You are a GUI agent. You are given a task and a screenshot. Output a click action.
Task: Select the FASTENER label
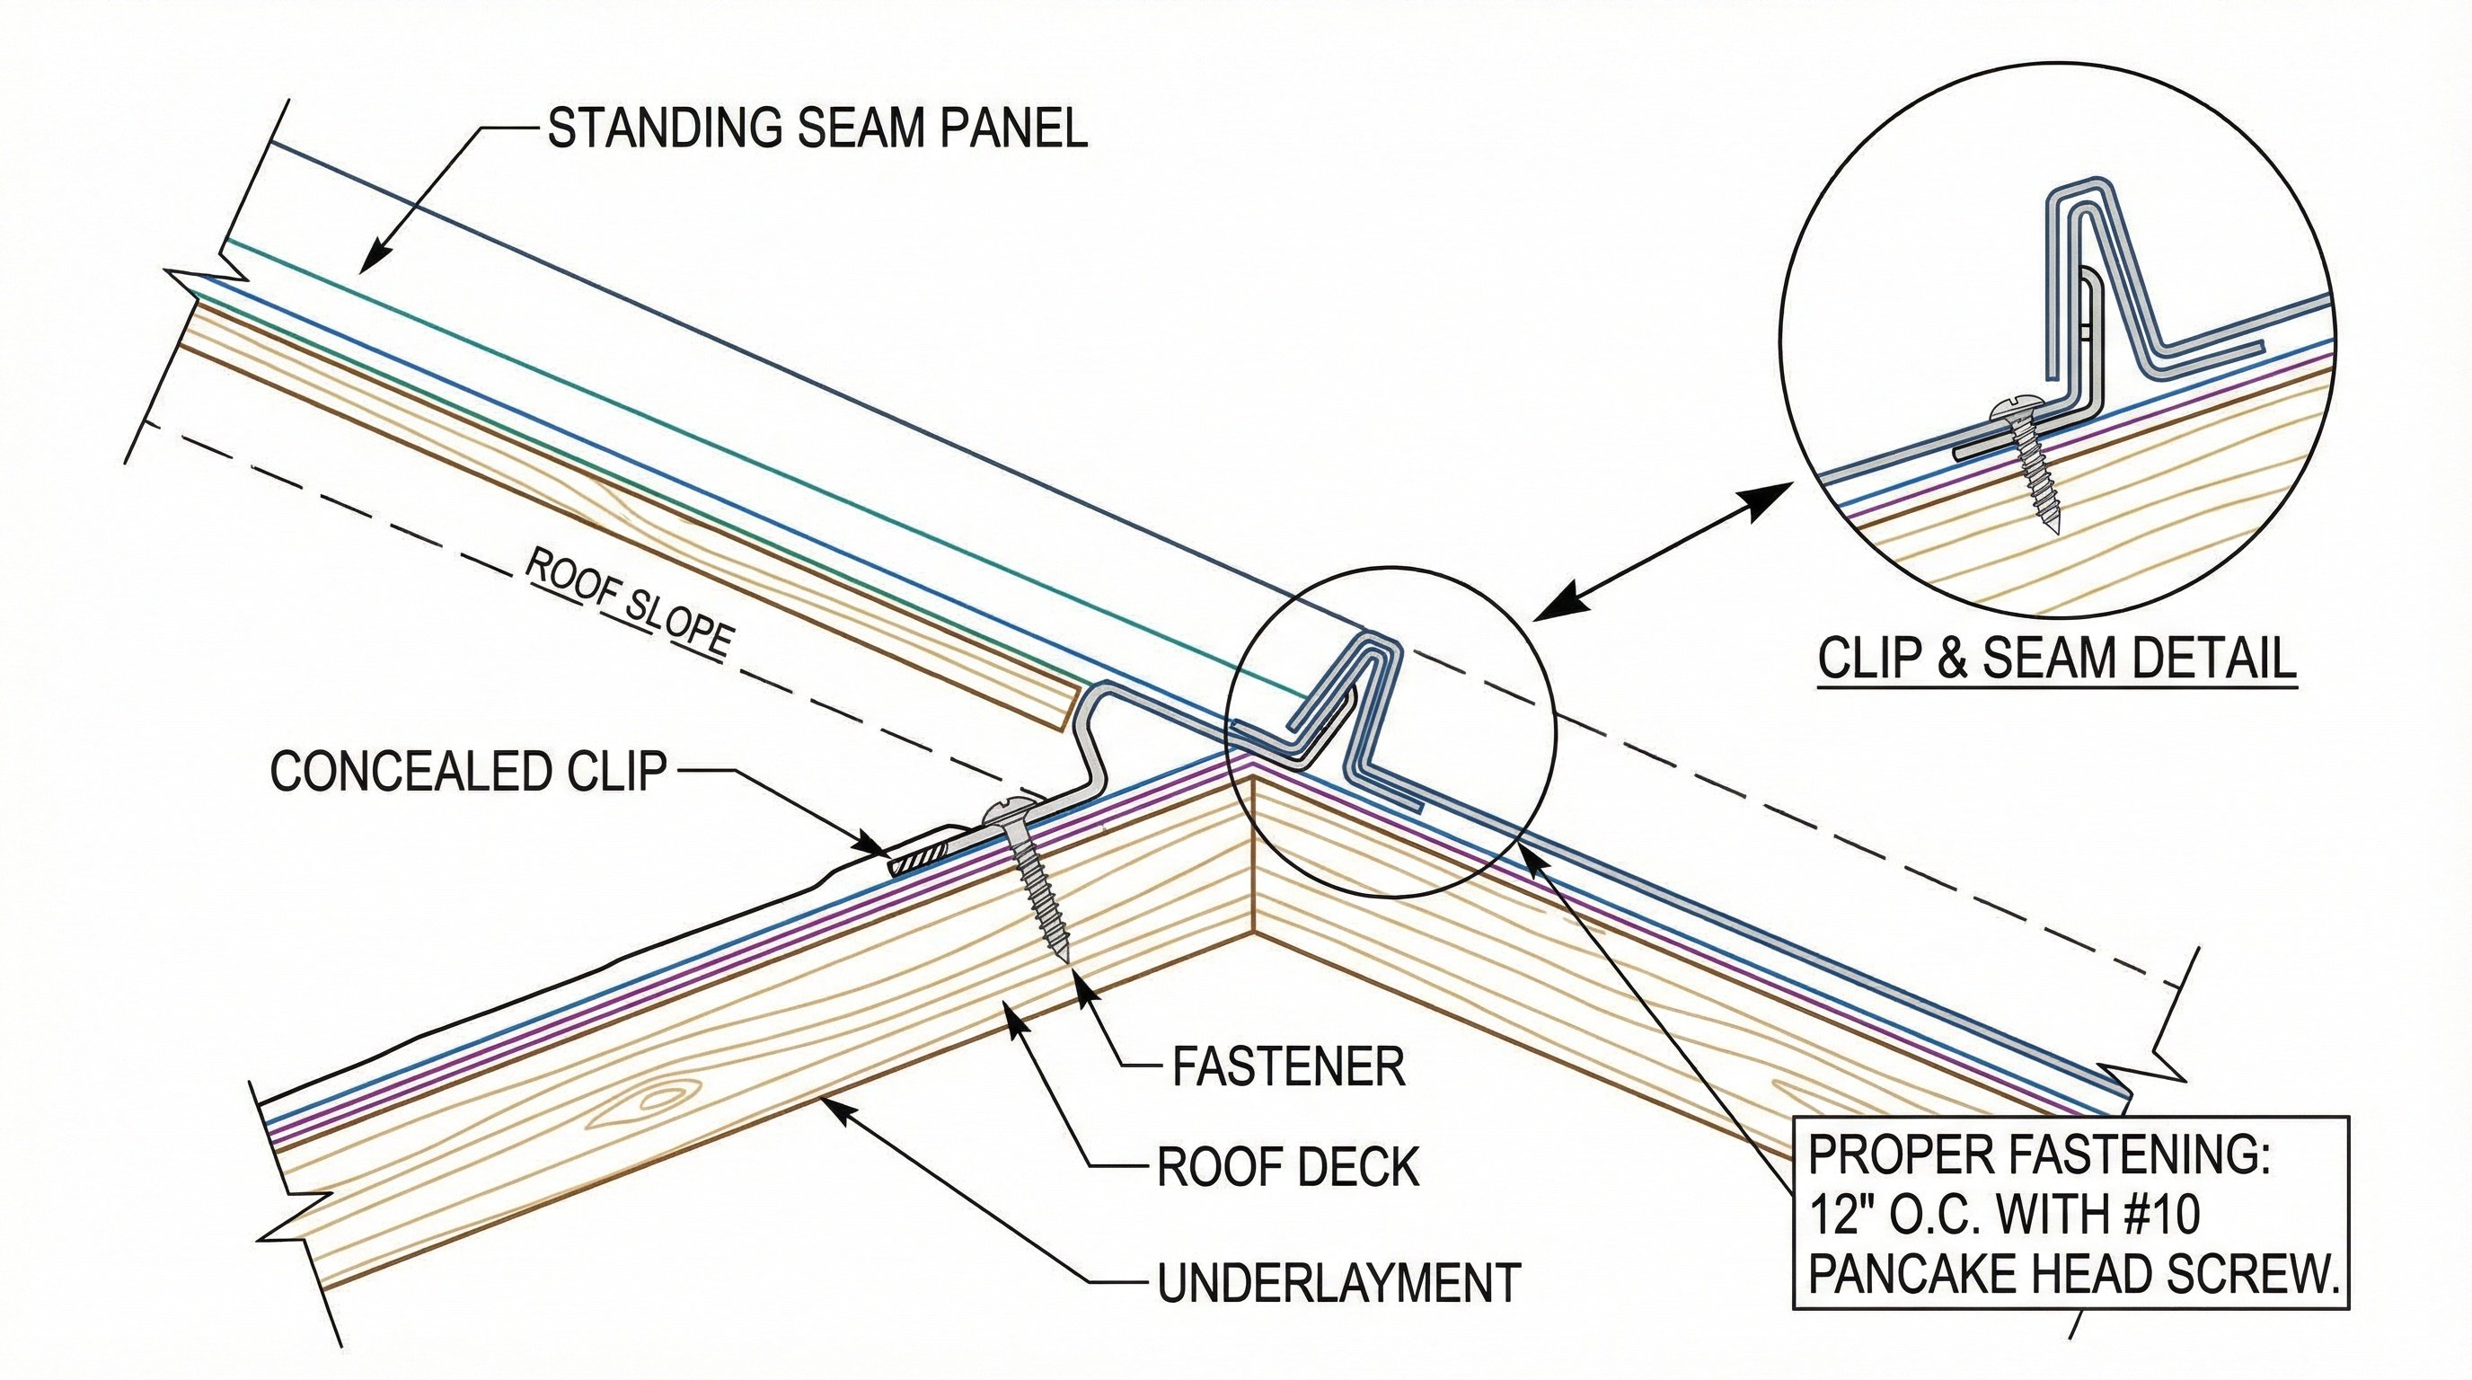pyautogui.click(x=1288, y=1066)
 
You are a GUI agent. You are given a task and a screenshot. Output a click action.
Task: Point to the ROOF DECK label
pyautogui.click(x=1288, y=1168)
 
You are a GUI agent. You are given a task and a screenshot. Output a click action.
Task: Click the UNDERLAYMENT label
pyautogui.click(x=1338, y=1283)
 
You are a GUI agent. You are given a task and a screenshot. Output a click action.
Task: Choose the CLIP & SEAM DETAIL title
pyautogui.click(x=2056, y=659)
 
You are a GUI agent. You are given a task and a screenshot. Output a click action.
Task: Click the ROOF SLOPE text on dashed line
pyautogui.click(x=629, y=605)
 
